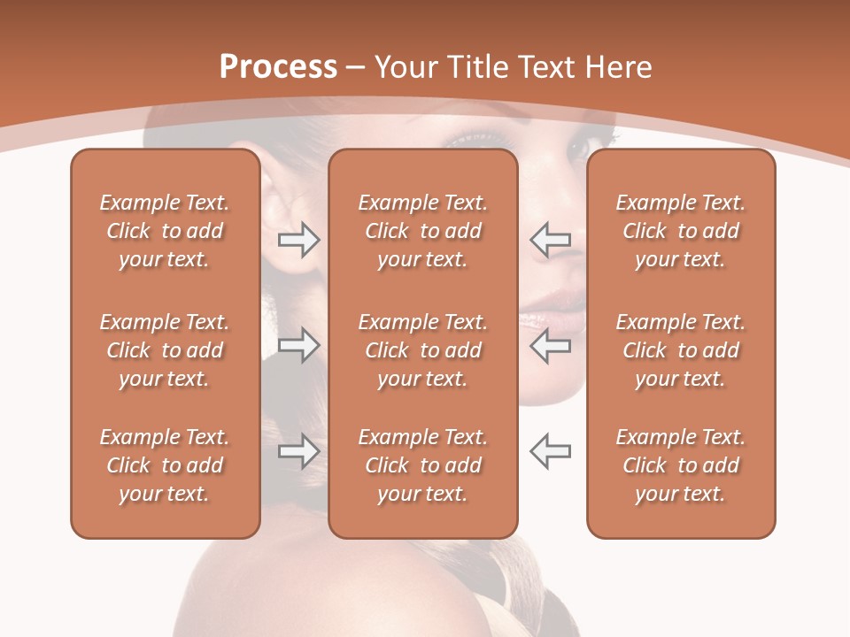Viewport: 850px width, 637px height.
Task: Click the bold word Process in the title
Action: pos(278,67)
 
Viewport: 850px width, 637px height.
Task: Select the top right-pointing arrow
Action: pos(298,240)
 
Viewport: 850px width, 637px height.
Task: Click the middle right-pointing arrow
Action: pos(298,345)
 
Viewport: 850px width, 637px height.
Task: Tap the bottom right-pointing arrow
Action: pos(298,451)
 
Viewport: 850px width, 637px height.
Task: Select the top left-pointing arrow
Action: pos(550,240)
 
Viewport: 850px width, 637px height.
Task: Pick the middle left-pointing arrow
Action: pos(550,345)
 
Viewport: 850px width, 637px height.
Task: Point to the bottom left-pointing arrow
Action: pos(550,451)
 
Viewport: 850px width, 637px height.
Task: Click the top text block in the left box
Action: pos(165,231)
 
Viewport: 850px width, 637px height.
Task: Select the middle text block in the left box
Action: pos(165,350)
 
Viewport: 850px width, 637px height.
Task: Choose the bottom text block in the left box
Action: pos(165,465)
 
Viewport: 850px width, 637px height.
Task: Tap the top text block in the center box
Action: pos(422,231)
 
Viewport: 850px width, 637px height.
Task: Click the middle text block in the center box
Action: pos(422,350)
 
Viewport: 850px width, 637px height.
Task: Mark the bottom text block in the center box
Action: pos(422,465)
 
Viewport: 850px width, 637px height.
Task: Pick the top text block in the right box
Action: pos(680,231)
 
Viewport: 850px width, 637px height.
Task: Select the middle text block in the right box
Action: pos(680,350)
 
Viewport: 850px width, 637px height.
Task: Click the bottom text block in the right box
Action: pos(680,465)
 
